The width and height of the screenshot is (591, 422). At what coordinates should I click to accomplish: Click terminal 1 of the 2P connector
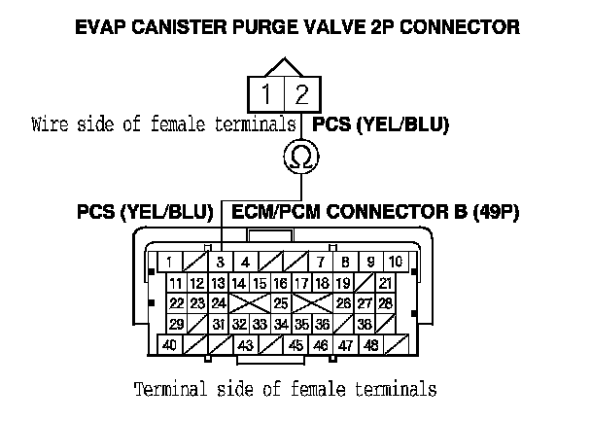tap(264, 95)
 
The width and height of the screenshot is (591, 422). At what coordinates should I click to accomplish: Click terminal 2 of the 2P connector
tap(301, 95)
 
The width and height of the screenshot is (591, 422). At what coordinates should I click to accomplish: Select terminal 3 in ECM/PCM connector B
tap(221, 263)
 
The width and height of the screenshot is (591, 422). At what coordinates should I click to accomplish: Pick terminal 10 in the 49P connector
tap(396, 263)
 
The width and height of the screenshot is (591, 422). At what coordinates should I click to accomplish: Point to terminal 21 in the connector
tap(386, 284)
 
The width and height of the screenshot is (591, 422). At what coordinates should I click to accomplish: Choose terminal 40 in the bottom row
tap(169, 345)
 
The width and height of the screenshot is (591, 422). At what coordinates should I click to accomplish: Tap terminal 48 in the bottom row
tap(370, 345)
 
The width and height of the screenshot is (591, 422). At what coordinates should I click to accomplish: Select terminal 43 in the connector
tap(246, 345)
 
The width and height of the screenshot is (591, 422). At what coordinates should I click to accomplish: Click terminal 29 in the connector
tap(177, 325)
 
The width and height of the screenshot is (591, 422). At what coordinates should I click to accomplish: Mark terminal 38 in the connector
tap(364, 325)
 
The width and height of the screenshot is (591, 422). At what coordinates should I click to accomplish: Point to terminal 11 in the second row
tap(177, 284)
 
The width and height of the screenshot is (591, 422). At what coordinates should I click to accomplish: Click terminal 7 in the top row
tap(320, 263)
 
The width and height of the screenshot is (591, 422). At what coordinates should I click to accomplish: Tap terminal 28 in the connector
tap(386, 304)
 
